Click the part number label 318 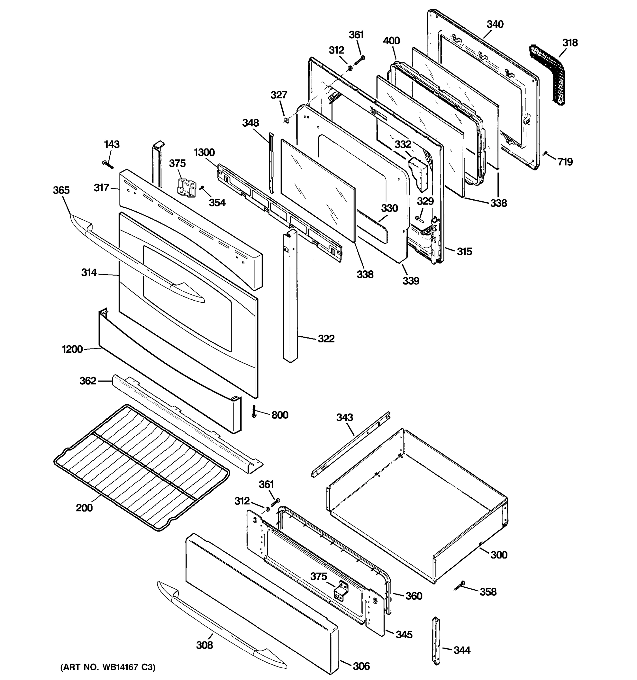click(570, 43)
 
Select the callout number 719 click(565, 162)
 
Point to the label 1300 click(204, 152)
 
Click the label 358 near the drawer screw click(488, 592)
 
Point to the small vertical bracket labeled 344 click(436, 645)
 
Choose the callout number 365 click(61, 190)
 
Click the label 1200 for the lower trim click(72, 349)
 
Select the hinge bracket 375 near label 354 click(186, 187)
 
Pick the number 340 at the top click(495, 24)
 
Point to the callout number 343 click(345, 417)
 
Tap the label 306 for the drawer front click(361, 666)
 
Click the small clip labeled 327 click(287, 120)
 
